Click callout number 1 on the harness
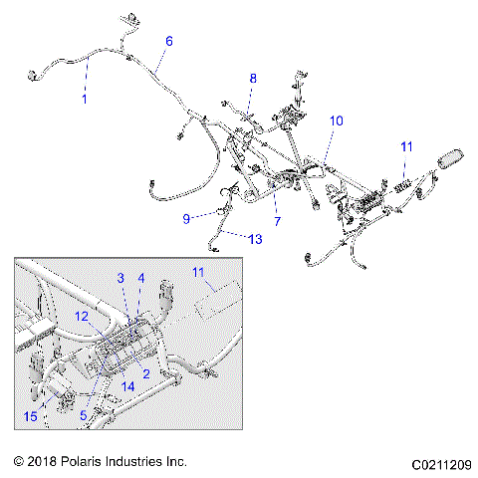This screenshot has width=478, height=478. click(85, 100)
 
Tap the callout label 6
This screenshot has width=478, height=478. click(168, 41)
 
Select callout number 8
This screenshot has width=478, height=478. click(252, 78)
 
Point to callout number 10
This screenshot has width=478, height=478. click(336, 120)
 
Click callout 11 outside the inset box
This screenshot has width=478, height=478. click(405, 147)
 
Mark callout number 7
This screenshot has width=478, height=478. click(278, 220)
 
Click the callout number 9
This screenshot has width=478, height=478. click(186, 217)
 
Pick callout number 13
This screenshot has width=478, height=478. click(256, 238)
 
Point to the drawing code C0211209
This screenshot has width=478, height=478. click(439, 464)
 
